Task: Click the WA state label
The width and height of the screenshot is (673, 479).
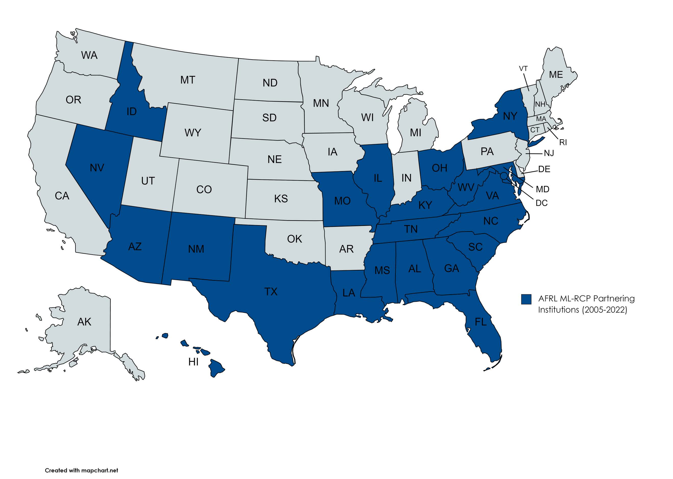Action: point(89,55)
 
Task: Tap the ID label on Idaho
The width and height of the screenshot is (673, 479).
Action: point(132,111)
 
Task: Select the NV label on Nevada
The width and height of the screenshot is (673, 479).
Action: point(97,168)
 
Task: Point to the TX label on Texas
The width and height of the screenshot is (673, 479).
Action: point(271,291)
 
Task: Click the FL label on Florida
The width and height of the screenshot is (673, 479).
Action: point(481,322)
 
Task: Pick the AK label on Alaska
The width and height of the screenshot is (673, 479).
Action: point(84,322)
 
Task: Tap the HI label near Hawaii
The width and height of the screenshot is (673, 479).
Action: point(193,362)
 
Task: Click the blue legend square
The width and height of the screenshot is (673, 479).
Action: point(526,299)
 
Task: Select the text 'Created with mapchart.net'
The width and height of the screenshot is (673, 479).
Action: point(82,470)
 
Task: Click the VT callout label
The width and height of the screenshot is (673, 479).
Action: point(523,69)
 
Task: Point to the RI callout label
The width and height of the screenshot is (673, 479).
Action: point(563,142)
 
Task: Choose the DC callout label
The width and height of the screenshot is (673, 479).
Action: point(542,203)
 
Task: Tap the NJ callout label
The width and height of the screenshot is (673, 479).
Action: point(549,153)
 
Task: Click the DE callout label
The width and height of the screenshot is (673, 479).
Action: point(544,169)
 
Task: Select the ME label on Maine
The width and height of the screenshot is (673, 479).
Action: point(556,75)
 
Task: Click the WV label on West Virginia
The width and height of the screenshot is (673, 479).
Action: point(466,188)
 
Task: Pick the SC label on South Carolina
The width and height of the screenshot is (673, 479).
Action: point(475,247)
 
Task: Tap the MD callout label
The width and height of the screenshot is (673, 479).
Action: point(542,189)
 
